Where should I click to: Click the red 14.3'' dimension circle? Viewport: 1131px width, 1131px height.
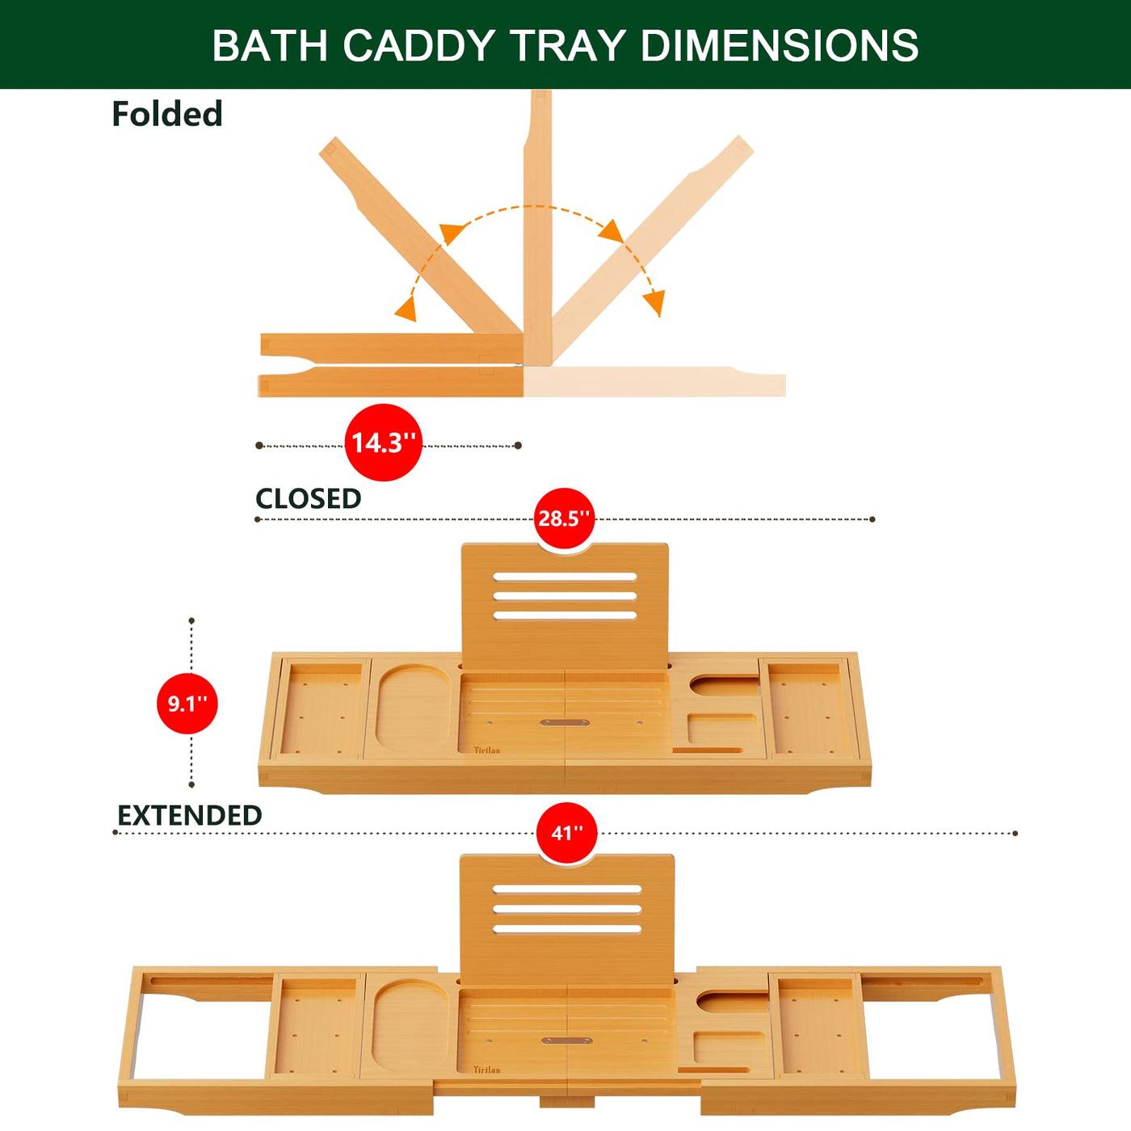click(383, 443)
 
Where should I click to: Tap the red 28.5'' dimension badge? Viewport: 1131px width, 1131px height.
click(564, 519)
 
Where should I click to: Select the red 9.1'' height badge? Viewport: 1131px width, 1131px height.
click(187, 703)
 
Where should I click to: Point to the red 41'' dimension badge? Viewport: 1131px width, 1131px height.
click(567, 833)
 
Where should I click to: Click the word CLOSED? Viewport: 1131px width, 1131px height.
click(308, 498)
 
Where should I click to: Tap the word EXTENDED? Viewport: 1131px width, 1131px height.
click(190, 815)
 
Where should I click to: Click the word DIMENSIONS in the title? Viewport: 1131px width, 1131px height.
click(780, 45)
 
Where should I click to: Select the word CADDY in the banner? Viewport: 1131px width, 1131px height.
click(418, 45)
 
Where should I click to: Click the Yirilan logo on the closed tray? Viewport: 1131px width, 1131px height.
click(487, 750)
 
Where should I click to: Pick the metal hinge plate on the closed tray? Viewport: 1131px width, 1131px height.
click(565, 722)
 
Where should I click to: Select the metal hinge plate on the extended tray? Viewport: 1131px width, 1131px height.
click(567, 1041)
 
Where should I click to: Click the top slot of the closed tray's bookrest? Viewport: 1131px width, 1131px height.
click(565, 577)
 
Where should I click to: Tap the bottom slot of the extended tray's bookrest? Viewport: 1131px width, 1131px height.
click(567, 929)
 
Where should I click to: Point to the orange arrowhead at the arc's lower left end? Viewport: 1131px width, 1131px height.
click(406, 308)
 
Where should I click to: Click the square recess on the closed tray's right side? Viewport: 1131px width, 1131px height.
click(722, 729)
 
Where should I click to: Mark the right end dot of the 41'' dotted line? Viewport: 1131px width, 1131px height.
click(1015, 834)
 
